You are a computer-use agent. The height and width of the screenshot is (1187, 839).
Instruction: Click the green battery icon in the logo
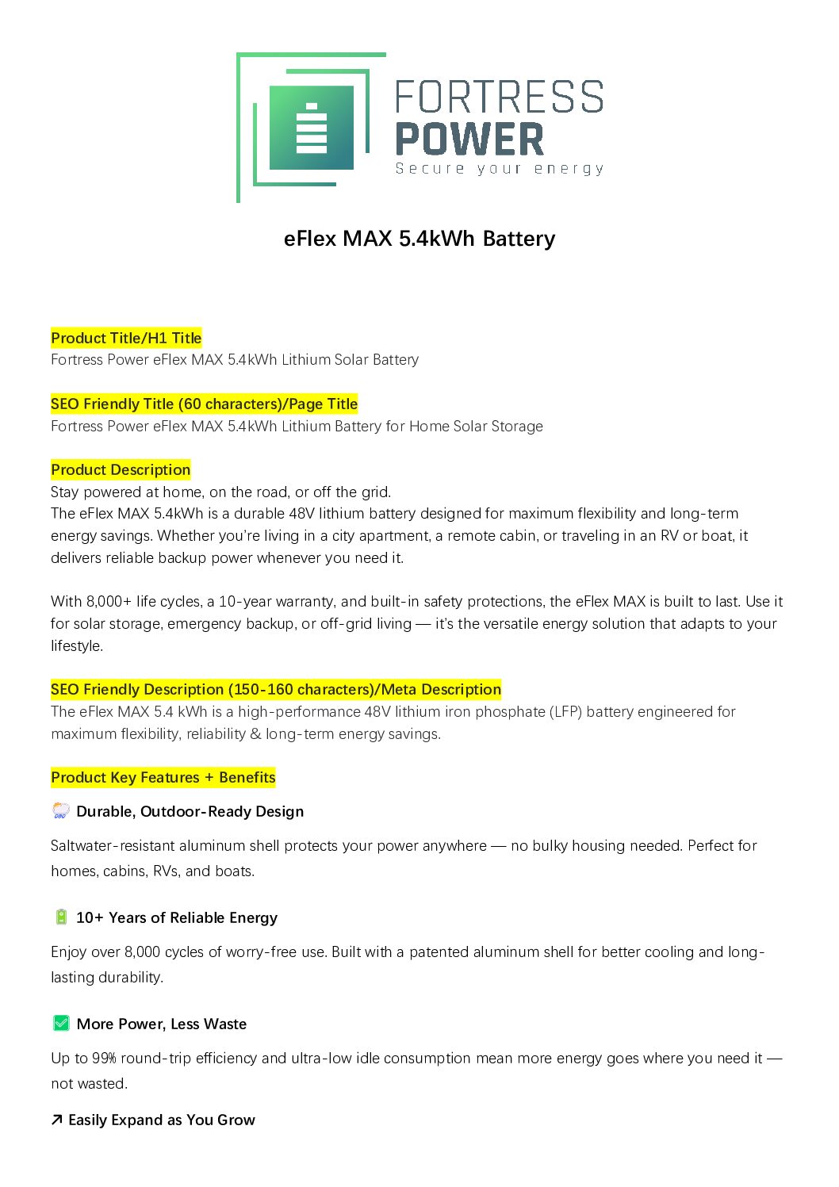(311, 128)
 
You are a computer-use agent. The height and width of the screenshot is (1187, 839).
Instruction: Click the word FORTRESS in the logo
(499, 98)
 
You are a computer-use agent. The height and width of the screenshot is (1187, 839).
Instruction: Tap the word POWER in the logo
(469, 140)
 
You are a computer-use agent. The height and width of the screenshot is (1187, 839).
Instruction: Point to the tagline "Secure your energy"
(500, 169)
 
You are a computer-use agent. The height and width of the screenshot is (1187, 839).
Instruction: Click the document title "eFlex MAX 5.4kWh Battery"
(419, 239)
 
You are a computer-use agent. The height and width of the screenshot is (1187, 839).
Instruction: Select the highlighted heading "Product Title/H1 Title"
(126, 338)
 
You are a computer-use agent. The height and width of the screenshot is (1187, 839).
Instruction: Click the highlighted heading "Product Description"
(121, 469)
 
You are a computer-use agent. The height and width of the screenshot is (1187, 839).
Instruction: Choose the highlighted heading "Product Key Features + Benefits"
(163, 777)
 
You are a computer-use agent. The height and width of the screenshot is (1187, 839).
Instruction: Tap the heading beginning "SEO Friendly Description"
(276, 689)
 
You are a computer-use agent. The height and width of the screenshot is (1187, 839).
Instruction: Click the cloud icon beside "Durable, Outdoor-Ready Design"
(61, 810)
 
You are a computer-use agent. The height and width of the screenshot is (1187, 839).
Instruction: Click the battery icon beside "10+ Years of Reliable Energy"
(61, 917)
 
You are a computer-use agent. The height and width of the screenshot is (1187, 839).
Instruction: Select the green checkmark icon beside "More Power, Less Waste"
(61, 1024)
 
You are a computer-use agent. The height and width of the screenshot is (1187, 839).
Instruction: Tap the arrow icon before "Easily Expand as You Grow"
(57, 1120)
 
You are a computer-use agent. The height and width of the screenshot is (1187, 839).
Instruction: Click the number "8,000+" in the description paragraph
(109, 601)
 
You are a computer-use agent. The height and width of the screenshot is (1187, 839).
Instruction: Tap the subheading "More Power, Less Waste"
(162, 1024)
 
